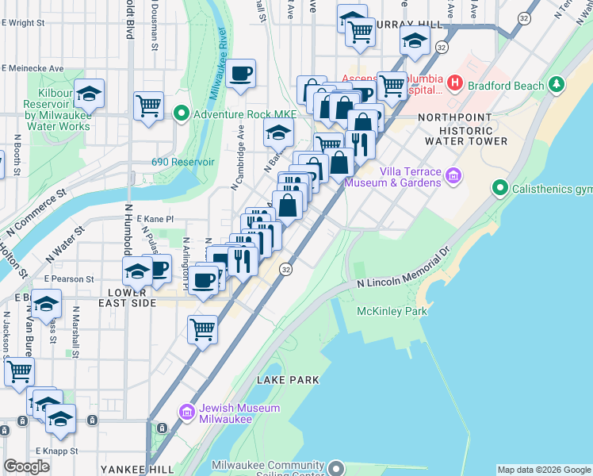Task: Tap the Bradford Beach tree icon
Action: tap(558, 85)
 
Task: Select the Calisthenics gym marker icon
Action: tap(499, 188)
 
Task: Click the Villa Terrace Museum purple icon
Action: tap(453, 176)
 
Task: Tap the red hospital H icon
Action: tap(454, 82)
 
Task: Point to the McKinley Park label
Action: tap(392, 311)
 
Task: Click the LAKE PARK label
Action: tap(288, 380)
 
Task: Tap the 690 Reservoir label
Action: tap(183, 162)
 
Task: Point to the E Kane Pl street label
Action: tap(155, 218)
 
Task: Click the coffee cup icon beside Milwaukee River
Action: tap(241, 74)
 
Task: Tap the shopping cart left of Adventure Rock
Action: tap(148, 105)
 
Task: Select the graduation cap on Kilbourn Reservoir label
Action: tap(90, 94)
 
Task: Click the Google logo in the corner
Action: tap(27, 466)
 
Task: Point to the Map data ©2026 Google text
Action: tap(543, 470)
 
